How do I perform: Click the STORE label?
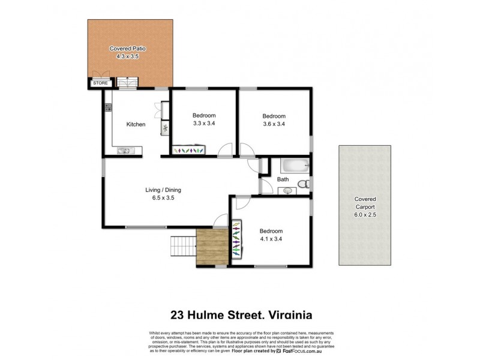[101, 83]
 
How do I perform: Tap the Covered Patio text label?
[127, 48]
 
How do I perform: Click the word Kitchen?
[136, 125]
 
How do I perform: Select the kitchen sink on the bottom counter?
[124, 151]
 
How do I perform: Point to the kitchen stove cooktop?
[109, 108]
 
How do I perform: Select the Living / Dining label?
[163, 190]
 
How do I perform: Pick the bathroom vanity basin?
[287, 191]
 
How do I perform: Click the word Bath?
[283, 179]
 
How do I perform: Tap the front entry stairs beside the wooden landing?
[184, 245]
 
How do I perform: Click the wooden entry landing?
[212, 248]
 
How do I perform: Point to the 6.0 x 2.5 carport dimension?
[365, 214]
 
